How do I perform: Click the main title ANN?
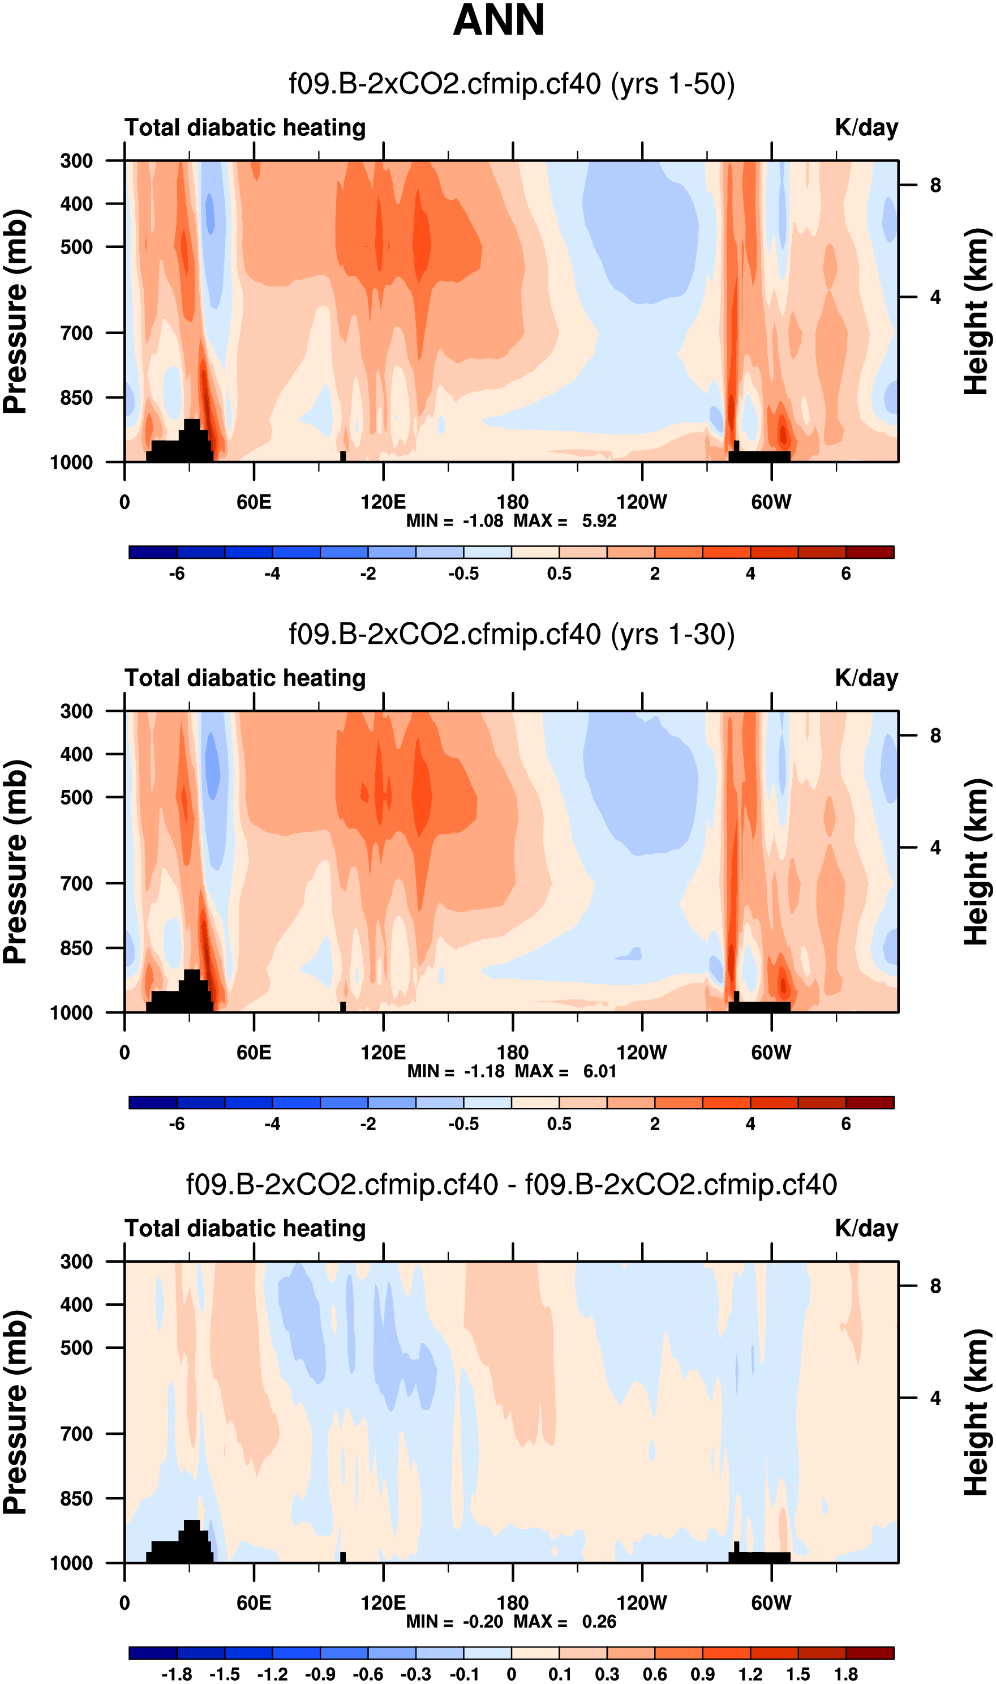[x=499, y=20]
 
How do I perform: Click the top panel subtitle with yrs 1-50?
[x=512, y=84]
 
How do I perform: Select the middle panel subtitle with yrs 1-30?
[x=512, y=634]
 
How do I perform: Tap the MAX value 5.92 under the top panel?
[x=599, y=520]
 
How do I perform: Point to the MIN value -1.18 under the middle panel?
[x=483, y=1070]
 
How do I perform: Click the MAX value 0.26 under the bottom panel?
[x=599, y=1621]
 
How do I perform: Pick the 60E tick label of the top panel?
[x=254, y=502]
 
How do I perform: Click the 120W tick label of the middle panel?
[x=642, y=1052]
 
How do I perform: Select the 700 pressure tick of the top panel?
[x=76, y=332]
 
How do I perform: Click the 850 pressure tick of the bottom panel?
[x=76, y=1498]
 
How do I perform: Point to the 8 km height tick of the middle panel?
[x=935, y=736]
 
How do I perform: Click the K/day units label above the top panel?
[x=866, y=127]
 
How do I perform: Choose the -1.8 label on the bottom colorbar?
[x=177, y=1674]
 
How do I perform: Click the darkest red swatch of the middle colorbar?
[x=870, y=1102]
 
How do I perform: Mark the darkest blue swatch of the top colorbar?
[x=153, y=552]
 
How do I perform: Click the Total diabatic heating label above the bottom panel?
[x=245, y=1228]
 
